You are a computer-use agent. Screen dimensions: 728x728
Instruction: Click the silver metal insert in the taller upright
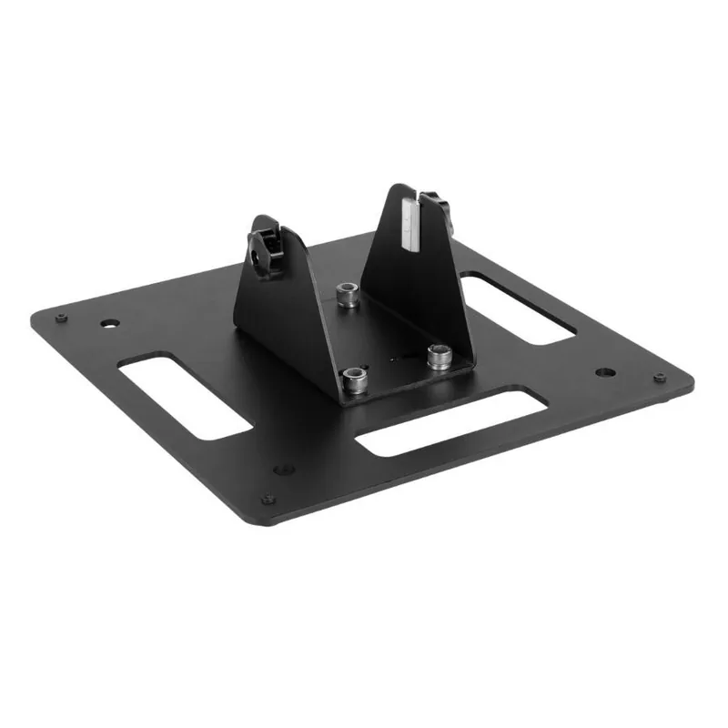click(410, 224)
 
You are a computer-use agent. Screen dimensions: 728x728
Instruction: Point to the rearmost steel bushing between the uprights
click(346, 294)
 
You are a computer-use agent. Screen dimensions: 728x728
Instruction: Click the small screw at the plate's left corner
click(60, 317)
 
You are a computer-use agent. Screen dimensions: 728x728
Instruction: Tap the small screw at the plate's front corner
click(268, 499)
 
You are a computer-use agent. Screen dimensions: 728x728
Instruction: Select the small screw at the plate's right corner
click(660, 378)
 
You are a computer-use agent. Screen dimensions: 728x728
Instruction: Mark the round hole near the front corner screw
click(284, 470)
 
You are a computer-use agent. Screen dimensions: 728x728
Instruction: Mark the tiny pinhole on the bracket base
click(393, 360)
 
